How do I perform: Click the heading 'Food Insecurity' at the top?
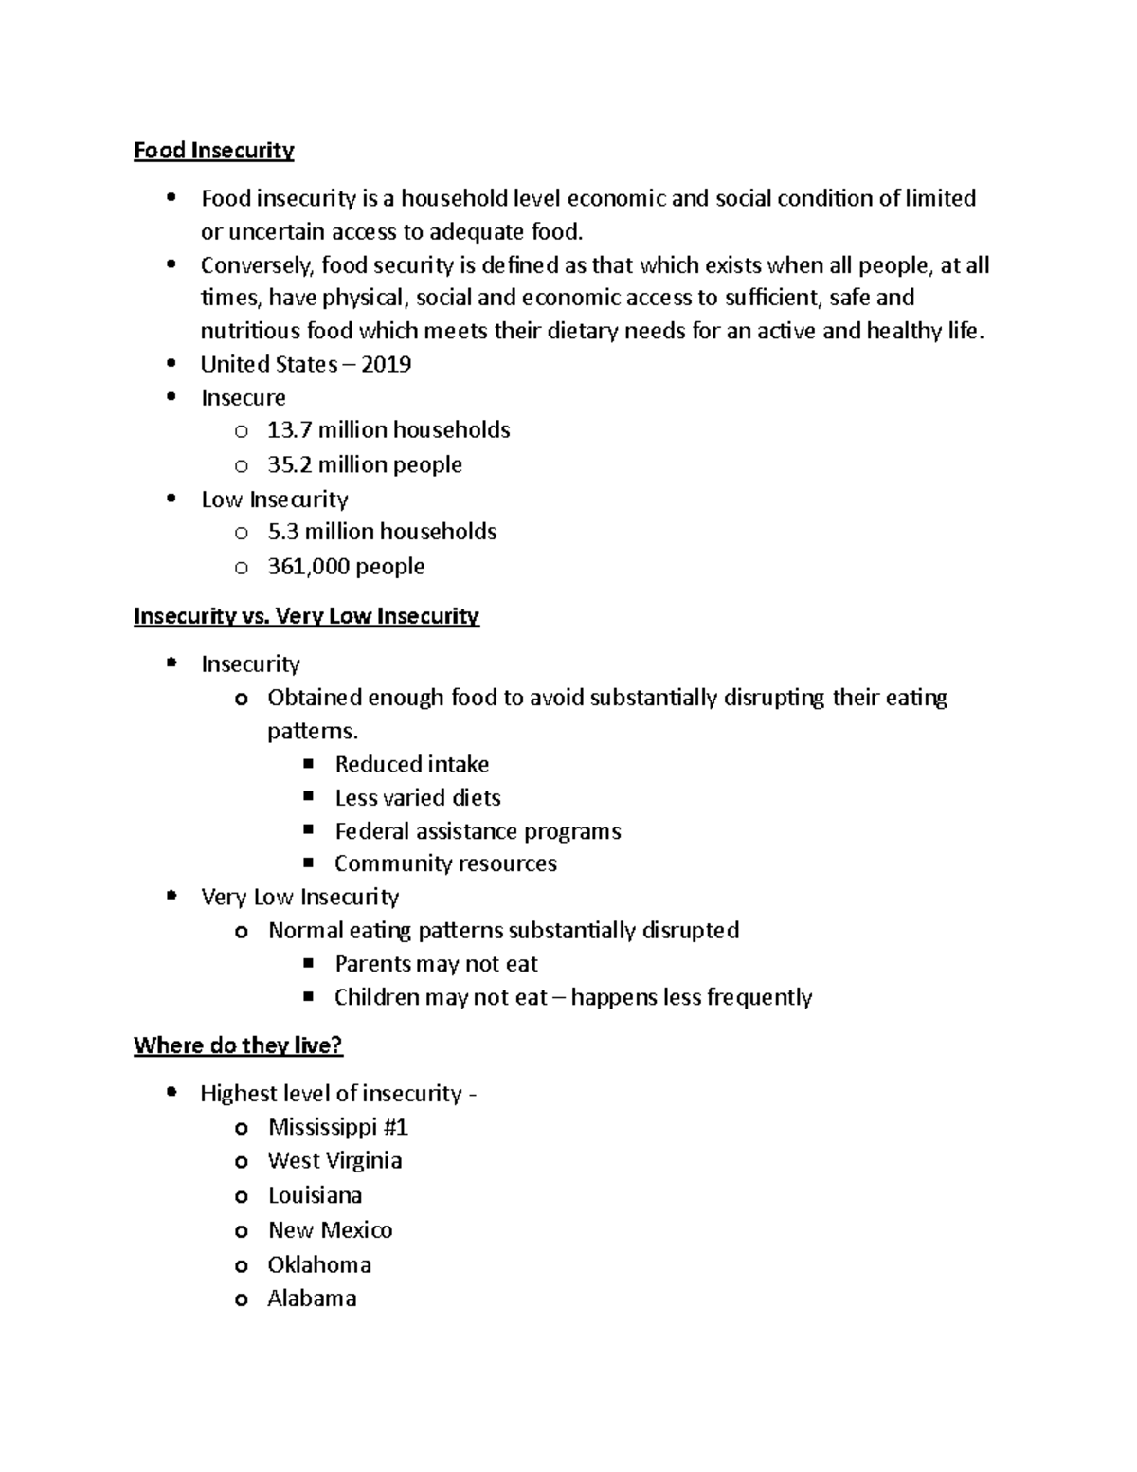click(213, 151)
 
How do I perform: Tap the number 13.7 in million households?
click(289, 430)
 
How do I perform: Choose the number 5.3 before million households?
click(282, 532)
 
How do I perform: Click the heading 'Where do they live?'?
click(238, 1045)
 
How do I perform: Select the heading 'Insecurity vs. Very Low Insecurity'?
click(306, 616)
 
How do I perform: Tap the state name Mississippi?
click(325, 1127)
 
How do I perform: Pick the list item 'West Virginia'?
click(334, 1161)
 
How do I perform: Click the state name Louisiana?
click(315, 1195)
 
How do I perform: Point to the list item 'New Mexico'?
click(330, 1230)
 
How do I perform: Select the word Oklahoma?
click(319, 1265)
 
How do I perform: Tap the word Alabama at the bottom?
click(312, 1299)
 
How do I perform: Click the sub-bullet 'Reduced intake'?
click(411, 765)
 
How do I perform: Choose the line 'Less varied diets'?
click(417, 798)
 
